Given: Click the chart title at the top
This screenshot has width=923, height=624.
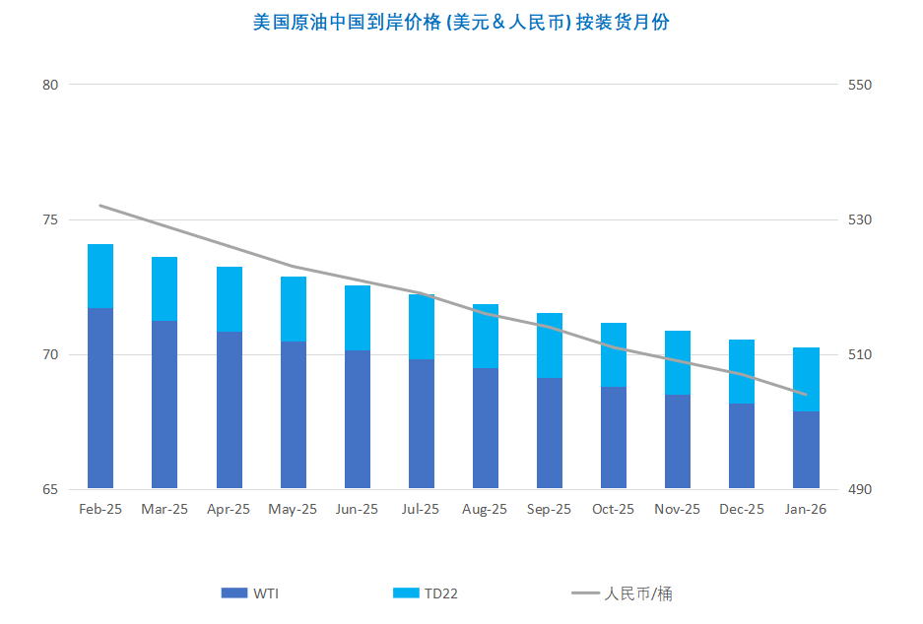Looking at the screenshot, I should tap(461, 22).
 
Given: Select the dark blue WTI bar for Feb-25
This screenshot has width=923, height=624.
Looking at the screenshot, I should tap(100, 398).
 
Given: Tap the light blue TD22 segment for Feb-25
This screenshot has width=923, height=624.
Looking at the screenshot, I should tap(100, 276).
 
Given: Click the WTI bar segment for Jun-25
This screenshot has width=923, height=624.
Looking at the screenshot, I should tap(357, 418).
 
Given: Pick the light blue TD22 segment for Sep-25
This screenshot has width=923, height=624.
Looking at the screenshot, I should tap(550, 344).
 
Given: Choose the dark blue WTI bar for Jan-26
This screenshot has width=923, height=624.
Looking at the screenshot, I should tap(806, 449).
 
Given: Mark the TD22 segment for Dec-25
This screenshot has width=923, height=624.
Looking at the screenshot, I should tap(742, 371).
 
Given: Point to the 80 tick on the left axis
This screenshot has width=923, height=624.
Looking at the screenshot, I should tap(50, 85).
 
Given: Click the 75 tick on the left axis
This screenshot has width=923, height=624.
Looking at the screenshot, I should tap(50, 219).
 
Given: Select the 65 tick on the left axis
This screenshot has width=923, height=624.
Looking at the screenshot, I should tap(50, 489).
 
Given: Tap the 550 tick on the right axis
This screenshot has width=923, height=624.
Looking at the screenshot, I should tap(861, 85).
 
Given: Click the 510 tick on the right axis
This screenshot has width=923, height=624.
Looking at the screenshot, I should tap(861, 354).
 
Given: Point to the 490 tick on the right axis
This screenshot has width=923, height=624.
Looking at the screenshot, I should tap(861, 489).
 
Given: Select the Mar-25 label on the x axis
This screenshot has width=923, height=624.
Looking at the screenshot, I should tap(165, 510).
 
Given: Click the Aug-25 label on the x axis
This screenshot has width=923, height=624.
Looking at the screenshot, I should tap(485, 510).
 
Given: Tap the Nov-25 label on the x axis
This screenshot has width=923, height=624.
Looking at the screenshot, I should tap(678, 510).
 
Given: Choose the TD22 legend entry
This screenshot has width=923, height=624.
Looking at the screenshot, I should tap(426, 593).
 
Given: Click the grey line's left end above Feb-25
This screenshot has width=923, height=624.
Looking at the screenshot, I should tap(100, 206).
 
